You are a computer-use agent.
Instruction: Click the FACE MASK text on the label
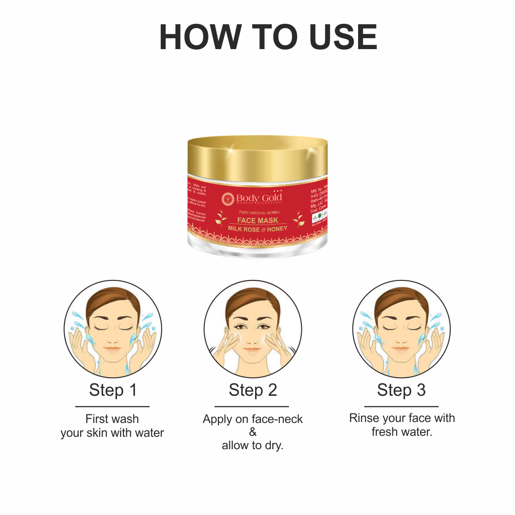point(257,220)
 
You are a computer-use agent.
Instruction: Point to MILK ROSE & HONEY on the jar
point(257,229)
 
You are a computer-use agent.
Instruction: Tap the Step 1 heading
point(113,390)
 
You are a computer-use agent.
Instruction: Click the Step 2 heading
point(253,390)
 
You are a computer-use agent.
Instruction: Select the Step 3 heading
point(401,390)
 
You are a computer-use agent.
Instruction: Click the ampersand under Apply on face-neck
point(253,433)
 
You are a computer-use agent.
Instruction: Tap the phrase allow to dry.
point(253,446)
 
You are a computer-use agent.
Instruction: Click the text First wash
point(112,419)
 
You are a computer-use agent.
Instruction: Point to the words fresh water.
point(402,432)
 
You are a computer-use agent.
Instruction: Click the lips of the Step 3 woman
point(401,349)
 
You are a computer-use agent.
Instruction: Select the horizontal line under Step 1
point(113,406)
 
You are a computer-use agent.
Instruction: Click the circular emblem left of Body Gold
point(228,198)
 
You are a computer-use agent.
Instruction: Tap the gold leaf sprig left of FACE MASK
point(221,218)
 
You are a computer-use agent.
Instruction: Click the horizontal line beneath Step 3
point(401,406)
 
